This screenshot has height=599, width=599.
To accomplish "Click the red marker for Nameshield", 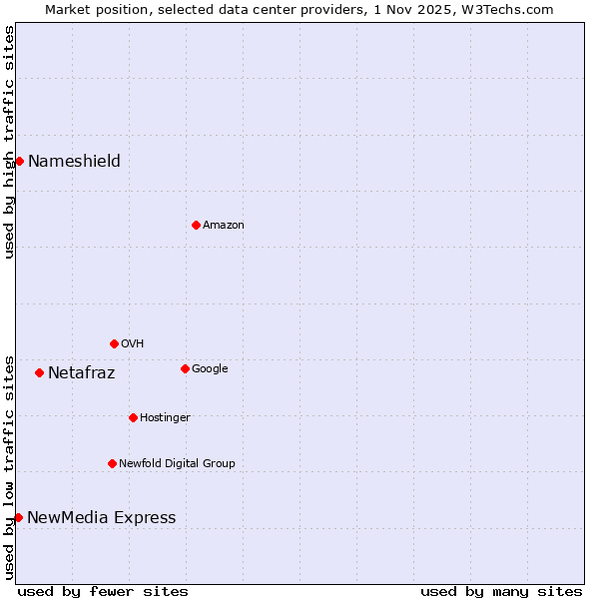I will [x=19, y=161].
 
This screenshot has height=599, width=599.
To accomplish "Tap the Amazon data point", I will [x=196, y=225].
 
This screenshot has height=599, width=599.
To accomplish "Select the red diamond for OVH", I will [x=114, y=343].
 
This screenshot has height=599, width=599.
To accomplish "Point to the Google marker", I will [x=185, y=368].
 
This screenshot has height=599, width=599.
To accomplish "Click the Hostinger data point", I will [x=133, y=417].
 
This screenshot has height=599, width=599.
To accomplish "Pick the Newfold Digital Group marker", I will [x=112, y=463].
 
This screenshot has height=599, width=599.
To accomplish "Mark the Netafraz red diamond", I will [x=39, y=372].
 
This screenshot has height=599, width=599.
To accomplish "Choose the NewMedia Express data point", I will [x=18, y=517].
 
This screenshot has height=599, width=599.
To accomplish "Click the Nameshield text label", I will [x=74, y=161].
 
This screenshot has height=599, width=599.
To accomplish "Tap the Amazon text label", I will [x=224, y=225].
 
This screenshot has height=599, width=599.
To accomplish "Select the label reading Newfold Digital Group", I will [x=177, y=463].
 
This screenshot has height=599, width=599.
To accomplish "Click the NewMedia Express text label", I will [x=101, y=517].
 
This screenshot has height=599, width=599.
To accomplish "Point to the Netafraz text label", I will [x=81, y=373].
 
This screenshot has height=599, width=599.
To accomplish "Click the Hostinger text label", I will [x=165, y=417].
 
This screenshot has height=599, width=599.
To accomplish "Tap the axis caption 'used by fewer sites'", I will [x=103, y=591].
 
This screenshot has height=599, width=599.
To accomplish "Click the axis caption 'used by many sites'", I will [x=501, y=591].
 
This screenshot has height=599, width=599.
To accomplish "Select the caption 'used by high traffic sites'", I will [x=9, y=142].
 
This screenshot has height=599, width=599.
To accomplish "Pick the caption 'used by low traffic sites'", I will [x=9, y=467].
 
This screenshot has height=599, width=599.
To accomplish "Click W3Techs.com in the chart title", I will [x=510, y=9].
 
